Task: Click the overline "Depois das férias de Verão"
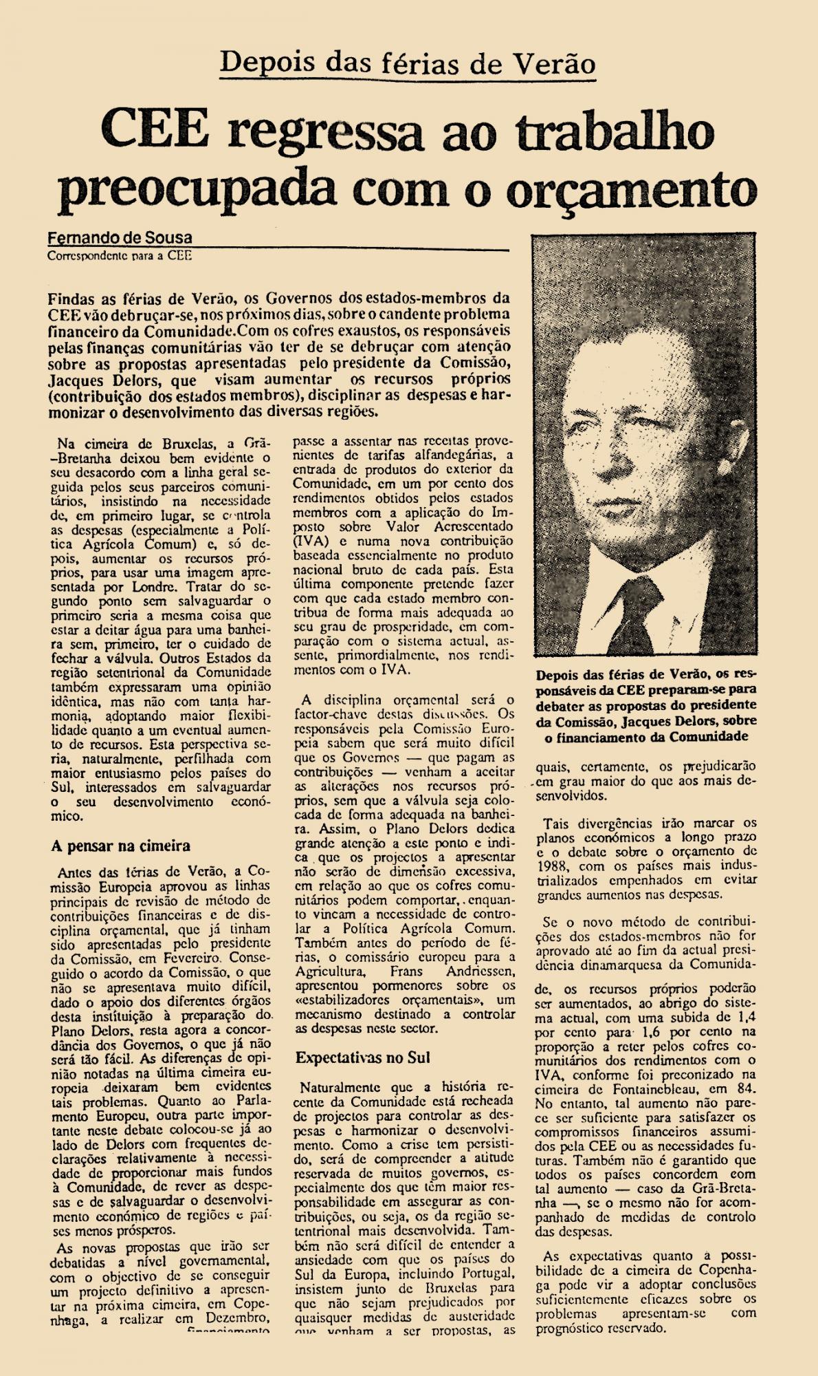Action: pos(408,64)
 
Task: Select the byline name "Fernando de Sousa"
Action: pos(120,238)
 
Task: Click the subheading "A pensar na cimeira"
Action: pos(120,846)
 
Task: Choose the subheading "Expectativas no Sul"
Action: pos(362,1057)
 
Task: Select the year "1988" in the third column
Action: pos(556,866)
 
